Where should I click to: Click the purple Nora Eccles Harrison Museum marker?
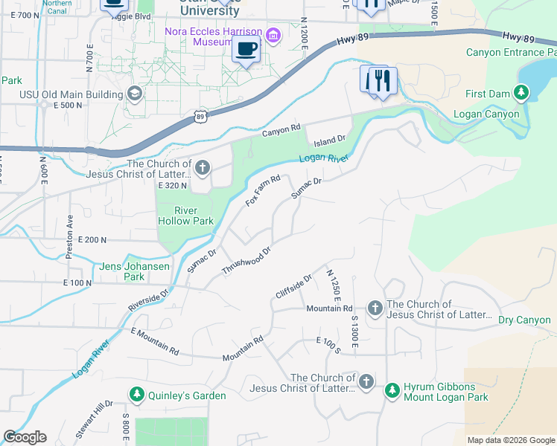(x=273, y=35)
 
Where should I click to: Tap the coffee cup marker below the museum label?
(x=246, y=50)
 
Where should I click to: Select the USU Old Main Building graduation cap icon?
(x=134, y=94)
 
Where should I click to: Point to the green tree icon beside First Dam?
(x=523, y=94)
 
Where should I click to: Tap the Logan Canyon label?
(x=492, y=114)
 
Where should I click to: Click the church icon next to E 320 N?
(x=202, y=169)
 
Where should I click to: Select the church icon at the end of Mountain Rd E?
(x=375, y=308)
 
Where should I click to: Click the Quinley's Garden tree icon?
(x=137, y=395)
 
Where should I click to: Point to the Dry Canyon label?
(x=524, y=320)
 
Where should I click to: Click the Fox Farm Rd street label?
(x=263, y=191)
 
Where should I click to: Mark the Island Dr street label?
(x=330, y=140)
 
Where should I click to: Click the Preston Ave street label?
(x=69, y=237)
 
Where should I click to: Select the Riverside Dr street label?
(x=149, y=300)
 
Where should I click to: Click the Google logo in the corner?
(x=25, y=437)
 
